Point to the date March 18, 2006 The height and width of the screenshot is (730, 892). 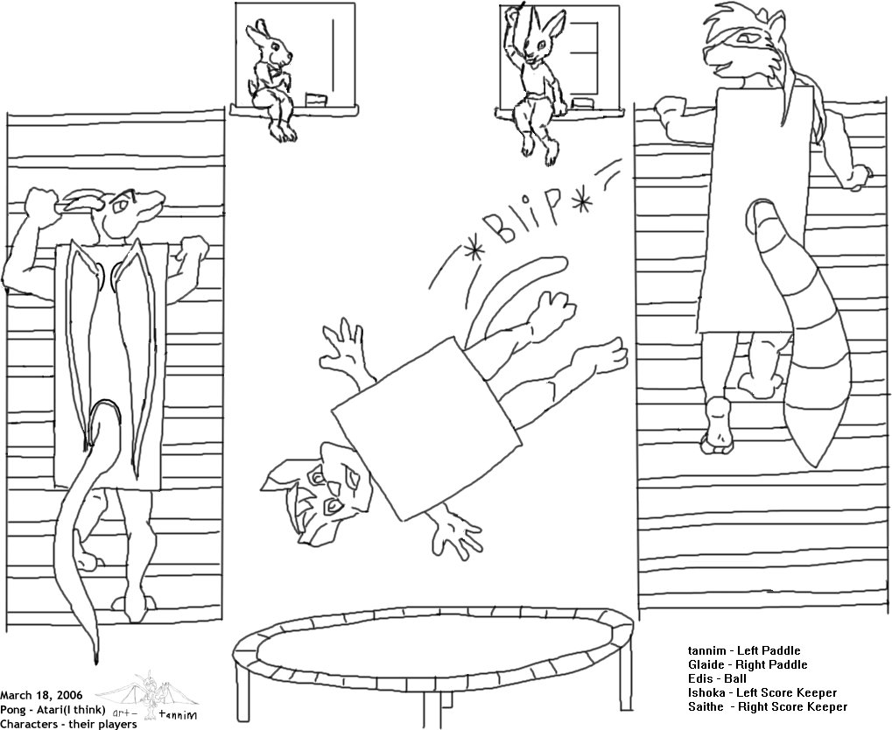coord(41,695)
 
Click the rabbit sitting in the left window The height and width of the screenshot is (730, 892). coord(272,80)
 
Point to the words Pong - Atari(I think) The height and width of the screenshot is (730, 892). coord(53,710)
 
